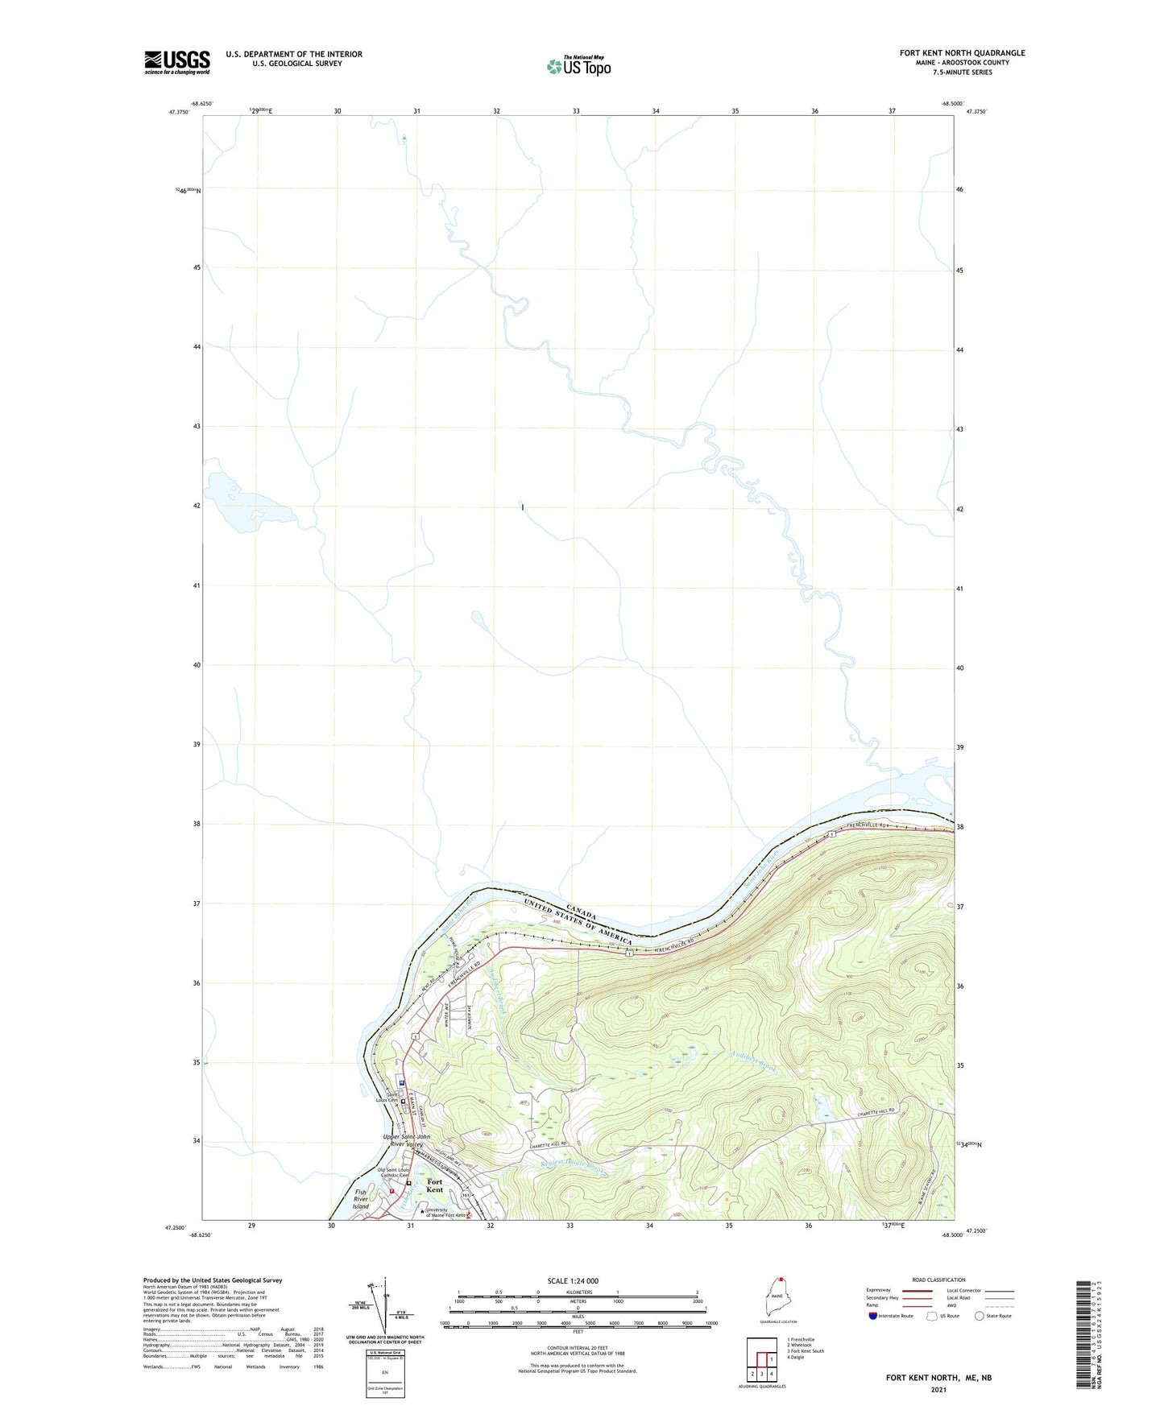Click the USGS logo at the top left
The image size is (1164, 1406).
tap(176, 62)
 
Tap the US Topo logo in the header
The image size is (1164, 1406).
tap(579, 66)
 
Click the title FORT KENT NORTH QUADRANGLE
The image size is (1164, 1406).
tap(962, 53)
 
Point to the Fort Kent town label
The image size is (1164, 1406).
tap(434, 1185)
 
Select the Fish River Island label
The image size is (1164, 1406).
tap(361, 1199)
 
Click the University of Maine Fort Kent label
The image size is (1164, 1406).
tap(445, 1213)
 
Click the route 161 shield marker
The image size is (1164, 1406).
tap(466, 1195)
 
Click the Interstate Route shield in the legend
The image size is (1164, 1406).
tap(873, 1316)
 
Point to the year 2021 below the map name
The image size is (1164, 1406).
tap(938, 1390)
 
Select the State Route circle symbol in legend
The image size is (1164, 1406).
tap(979, 1316)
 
